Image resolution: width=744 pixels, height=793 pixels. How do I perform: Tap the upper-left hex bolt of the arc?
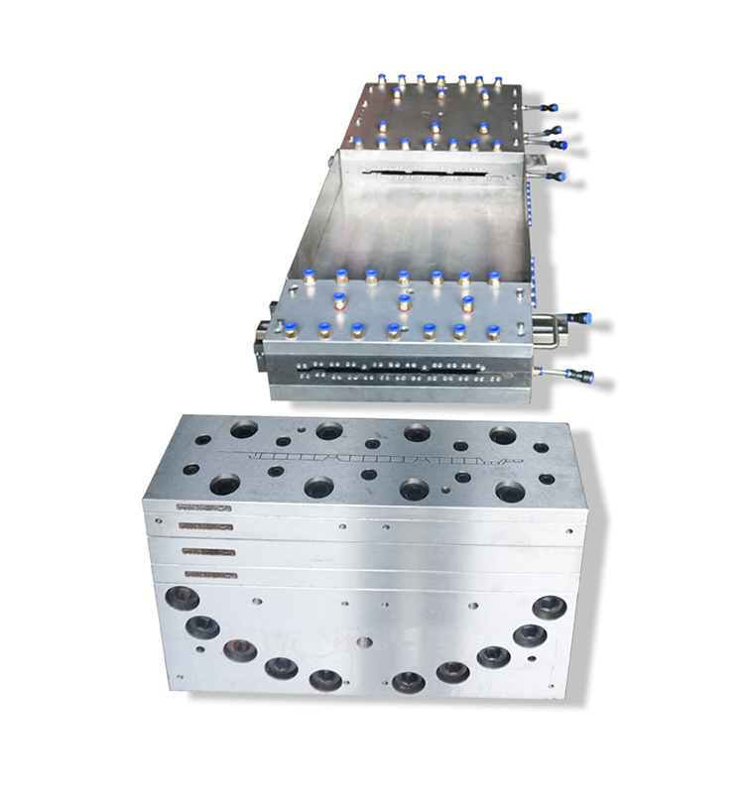(184, 598)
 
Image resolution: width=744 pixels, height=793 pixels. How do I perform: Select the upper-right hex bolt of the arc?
(549, 607)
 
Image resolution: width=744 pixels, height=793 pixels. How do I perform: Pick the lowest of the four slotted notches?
(208, 574)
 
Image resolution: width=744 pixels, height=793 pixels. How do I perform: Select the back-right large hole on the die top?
(503, 435)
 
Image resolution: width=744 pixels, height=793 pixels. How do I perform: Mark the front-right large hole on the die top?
(511, 491)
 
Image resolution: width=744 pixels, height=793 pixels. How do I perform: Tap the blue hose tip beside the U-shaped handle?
(585, 319)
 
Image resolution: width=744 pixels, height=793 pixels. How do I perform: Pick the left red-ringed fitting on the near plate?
(339, 301)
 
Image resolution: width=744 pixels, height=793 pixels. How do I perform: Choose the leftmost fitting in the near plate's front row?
(291, 330)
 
